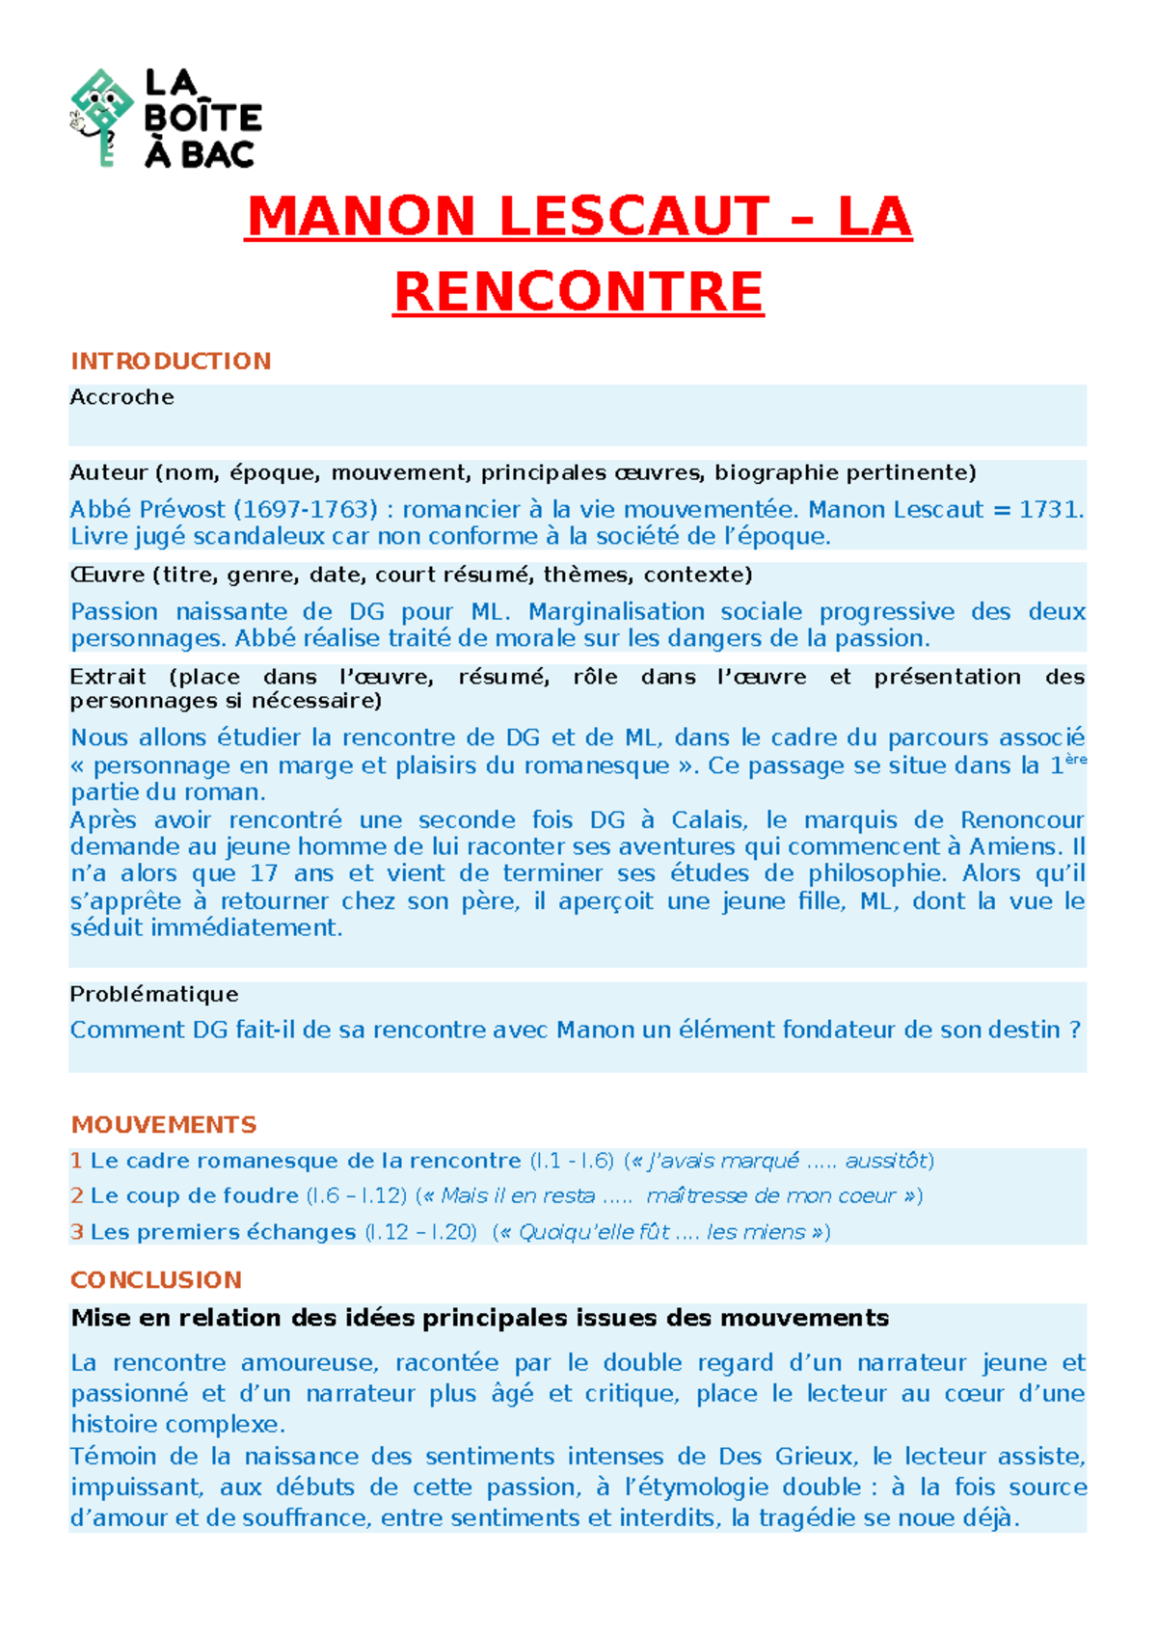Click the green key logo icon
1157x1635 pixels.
101,116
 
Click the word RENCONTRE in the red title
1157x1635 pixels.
578,292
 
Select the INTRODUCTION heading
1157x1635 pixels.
171,362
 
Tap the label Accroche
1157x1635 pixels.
121,397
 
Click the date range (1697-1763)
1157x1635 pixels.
306,509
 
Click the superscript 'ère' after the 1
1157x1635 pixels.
1075,760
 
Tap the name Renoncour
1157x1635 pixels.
1022,820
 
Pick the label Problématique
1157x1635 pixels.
154,994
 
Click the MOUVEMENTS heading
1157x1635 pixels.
164,1125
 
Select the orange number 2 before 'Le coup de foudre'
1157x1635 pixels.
77,1195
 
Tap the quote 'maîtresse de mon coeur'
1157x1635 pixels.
771,1195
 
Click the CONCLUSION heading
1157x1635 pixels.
156,1280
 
